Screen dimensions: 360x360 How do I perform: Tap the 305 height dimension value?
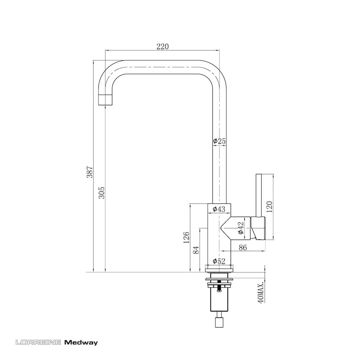pos(102,193)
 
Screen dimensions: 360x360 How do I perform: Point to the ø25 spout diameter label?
pos(219,141)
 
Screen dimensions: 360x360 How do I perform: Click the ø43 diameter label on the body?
pos(219,209)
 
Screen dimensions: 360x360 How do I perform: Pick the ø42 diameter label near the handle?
pos(241,228)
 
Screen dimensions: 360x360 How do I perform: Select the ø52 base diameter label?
pos(219,261)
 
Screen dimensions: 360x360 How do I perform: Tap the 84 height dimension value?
pos(196,250)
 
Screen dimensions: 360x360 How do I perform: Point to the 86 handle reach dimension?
pos(243,248)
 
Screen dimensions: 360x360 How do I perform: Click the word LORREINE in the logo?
pos(38,342)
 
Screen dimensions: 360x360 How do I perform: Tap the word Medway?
pos(81,342)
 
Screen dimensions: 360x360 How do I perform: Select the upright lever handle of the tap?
pos(259,195)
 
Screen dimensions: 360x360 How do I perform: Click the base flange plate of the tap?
pos(219,269)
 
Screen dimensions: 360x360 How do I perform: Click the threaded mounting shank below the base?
pos(219,299)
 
